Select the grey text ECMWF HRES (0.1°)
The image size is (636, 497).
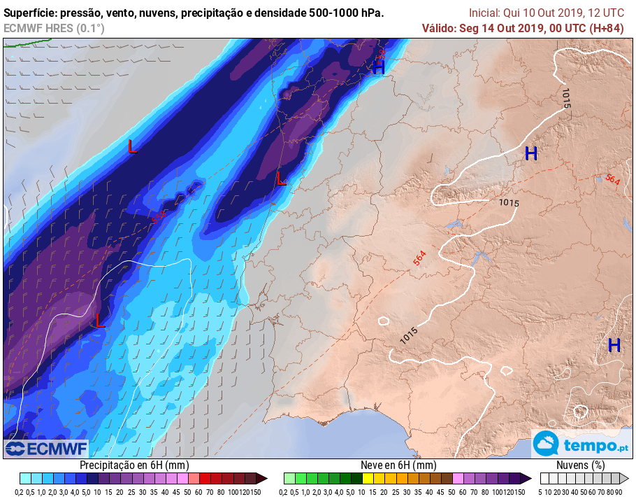coord(54,28)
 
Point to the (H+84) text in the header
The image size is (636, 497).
coord(607,28)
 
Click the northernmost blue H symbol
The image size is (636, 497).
coord(379,67)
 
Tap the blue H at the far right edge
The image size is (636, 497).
coord(614,344)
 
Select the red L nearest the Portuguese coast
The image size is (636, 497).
coord(281,179)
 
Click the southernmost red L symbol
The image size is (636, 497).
coord(100,321)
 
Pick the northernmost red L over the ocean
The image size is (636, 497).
coord(132,146)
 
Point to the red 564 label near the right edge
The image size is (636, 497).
coord(612,180)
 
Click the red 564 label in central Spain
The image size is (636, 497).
coord(419,258)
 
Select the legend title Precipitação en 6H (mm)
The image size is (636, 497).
coord(134,465)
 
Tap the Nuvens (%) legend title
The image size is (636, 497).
coord(580,465)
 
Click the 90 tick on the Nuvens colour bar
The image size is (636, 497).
coord(619,492)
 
